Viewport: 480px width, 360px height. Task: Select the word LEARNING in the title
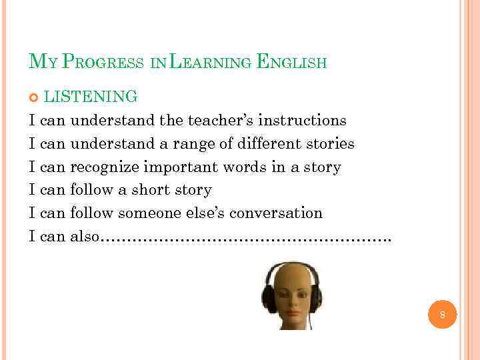coord(209,63)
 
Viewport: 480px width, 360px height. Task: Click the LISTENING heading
coord(91,97)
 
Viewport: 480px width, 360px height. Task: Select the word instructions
coord(302,121)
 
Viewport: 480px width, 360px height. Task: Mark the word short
coord(151,191)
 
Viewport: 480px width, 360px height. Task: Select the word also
coord(84,237)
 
